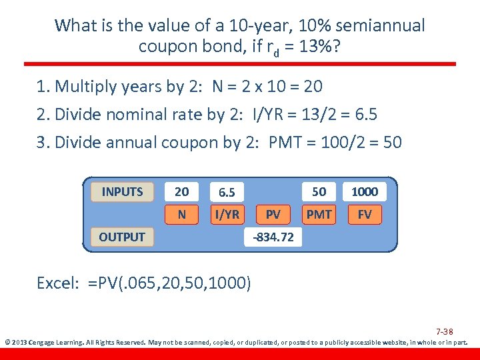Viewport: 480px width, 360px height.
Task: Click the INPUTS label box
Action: click(x=122, y=192)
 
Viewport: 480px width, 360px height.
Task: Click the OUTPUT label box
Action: click(x=122, y=237)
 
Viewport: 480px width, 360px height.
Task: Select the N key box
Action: click(x=181, y=215)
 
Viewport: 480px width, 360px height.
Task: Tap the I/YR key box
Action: click(x=227, y=215)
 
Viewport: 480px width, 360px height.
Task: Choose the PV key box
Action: click(x=273, y=215)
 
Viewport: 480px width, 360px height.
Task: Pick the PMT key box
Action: click(x=319, y=215)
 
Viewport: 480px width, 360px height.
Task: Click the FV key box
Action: click(x=365, y=215)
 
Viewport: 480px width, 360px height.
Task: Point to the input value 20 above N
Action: click(x=181, y=192)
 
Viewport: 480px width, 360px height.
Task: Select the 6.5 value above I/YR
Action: click(x=227, y=193)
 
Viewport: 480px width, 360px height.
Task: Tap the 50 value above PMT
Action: click(x=319, y=192)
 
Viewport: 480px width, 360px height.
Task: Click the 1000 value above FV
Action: click(x=365, y=192)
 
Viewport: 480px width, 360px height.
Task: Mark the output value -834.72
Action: click(x=273, y=237)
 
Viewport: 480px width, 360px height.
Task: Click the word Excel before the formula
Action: click(x=57, y=283)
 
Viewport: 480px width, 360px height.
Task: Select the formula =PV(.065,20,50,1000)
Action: click(x=169, y=283)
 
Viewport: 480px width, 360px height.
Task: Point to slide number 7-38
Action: click(x=445, y=331)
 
